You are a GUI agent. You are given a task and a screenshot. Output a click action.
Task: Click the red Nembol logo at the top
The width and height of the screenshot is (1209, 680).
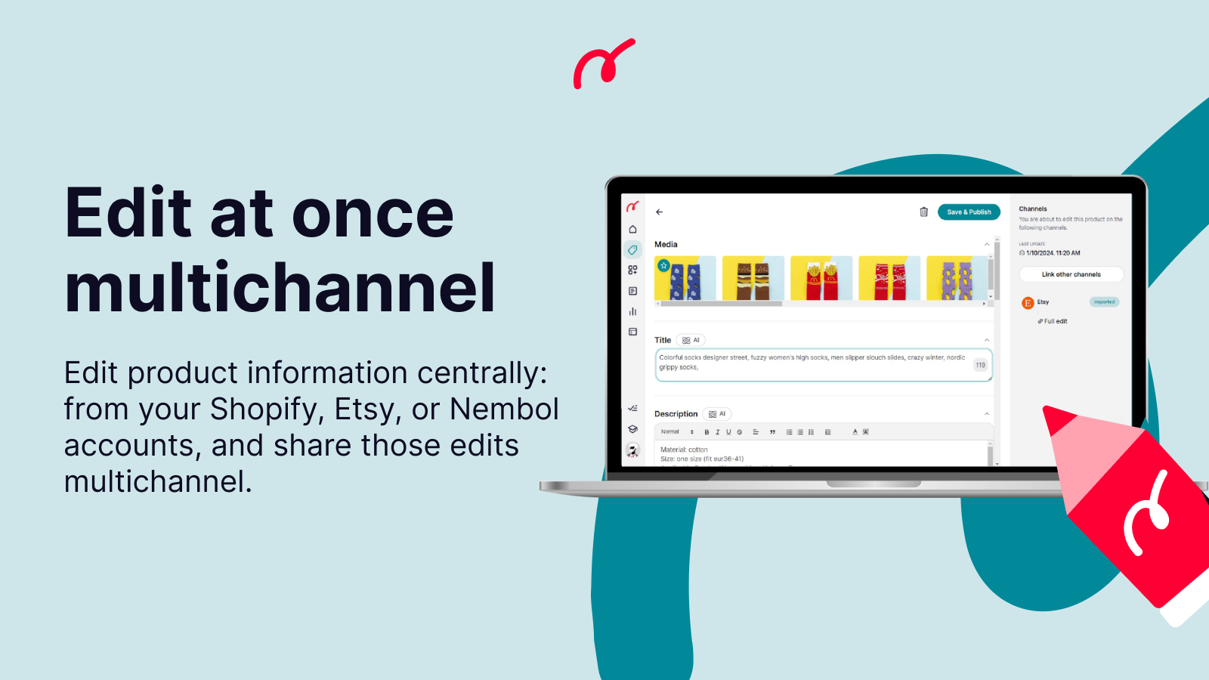[603, 64]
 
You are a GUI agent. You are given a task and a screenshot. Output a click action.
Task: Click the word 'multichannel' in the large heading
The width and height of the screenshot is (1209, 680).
[280, 288]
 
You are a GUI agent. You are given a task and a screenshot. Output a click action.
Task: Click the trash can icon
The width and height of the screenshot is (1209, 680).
[923, 212]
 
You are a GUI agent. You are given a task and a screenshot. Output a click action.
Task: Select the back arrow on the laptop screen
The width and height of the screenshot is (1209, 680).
[659, 212]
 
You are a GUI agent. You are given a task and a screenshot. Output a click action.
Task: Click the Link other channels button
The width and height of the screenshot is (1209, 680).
[1071, 274]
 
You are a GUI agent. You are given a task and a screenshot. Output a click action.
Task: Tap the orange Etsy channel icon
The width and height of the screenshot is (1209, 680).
[1028, 303]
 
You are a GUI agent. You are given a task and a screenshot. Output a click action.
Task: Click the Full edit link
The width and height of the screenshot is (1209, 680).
[1053, 321]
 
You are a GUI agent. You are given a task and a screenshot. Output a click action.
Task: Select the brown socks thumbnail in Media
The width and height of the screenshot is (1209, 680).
[753, 278]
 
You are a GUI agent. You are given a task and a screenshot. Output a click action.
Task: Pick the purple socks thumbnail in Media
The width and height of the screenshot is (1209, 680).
[957, 278]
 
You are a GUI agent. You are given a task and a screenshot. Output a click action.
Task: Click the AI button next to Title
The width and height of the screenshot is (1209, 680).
[691, 340]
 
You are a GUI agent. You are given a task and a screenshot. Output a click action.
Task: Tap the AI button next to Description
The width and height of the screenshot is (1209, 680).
[717, 414]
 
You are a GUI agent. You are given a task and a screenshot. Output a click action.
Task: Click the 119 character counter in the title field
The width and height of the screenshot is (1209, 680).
[980, 365]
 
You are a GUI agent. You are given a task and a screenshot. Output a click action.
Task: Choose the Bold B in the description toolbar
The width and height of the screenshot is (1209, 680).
[707, 432]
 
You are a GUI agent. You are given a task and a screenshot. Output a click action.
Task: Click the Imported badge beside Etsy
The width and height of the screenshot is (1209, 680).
[1104, 301]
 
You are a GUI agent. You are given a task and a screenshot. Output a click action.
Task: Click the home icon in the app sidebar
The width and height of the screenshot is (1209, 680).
[632, 230]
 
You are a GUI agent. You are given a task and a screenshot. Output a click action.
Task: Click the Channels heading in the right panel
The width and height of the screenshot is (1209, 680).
[1032, 209]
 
